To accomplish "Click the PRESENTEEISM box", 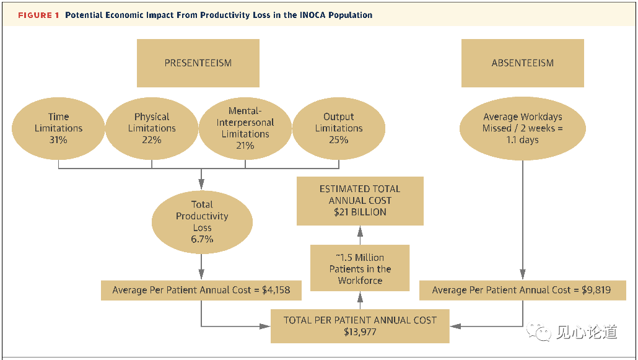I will coord(198,63).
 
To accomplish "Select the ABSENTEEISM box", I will coord(522,63).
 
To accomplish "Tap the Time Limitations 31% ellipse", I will coord(59,128).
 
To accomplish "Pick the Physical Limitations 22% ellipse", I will coord(152,128).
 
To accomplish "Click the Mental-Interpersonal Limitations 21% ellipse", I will coord(245,128).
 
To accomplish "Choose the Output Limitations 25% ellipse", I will coord(339,128).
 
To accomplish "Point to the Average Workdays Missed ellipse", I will coord(522,128).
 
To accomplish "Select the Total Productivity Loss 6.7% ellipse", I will coord(202,221).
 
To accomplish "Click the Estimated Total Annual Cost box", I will coord(360,201).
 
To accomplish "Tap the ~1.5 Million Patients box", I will coord(360,268).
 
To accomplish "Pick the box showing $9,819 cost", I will coord(522,290).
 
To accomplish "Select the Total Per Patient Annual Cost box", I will coord(360,326).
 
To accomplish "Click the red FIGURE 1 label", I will coord(39,15).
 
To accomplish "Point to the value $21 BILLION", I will coord(360,213).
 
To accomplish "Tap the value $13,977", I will coord(360,332).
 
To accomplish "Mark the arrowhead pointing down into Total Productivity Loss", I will coord(202,184).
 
